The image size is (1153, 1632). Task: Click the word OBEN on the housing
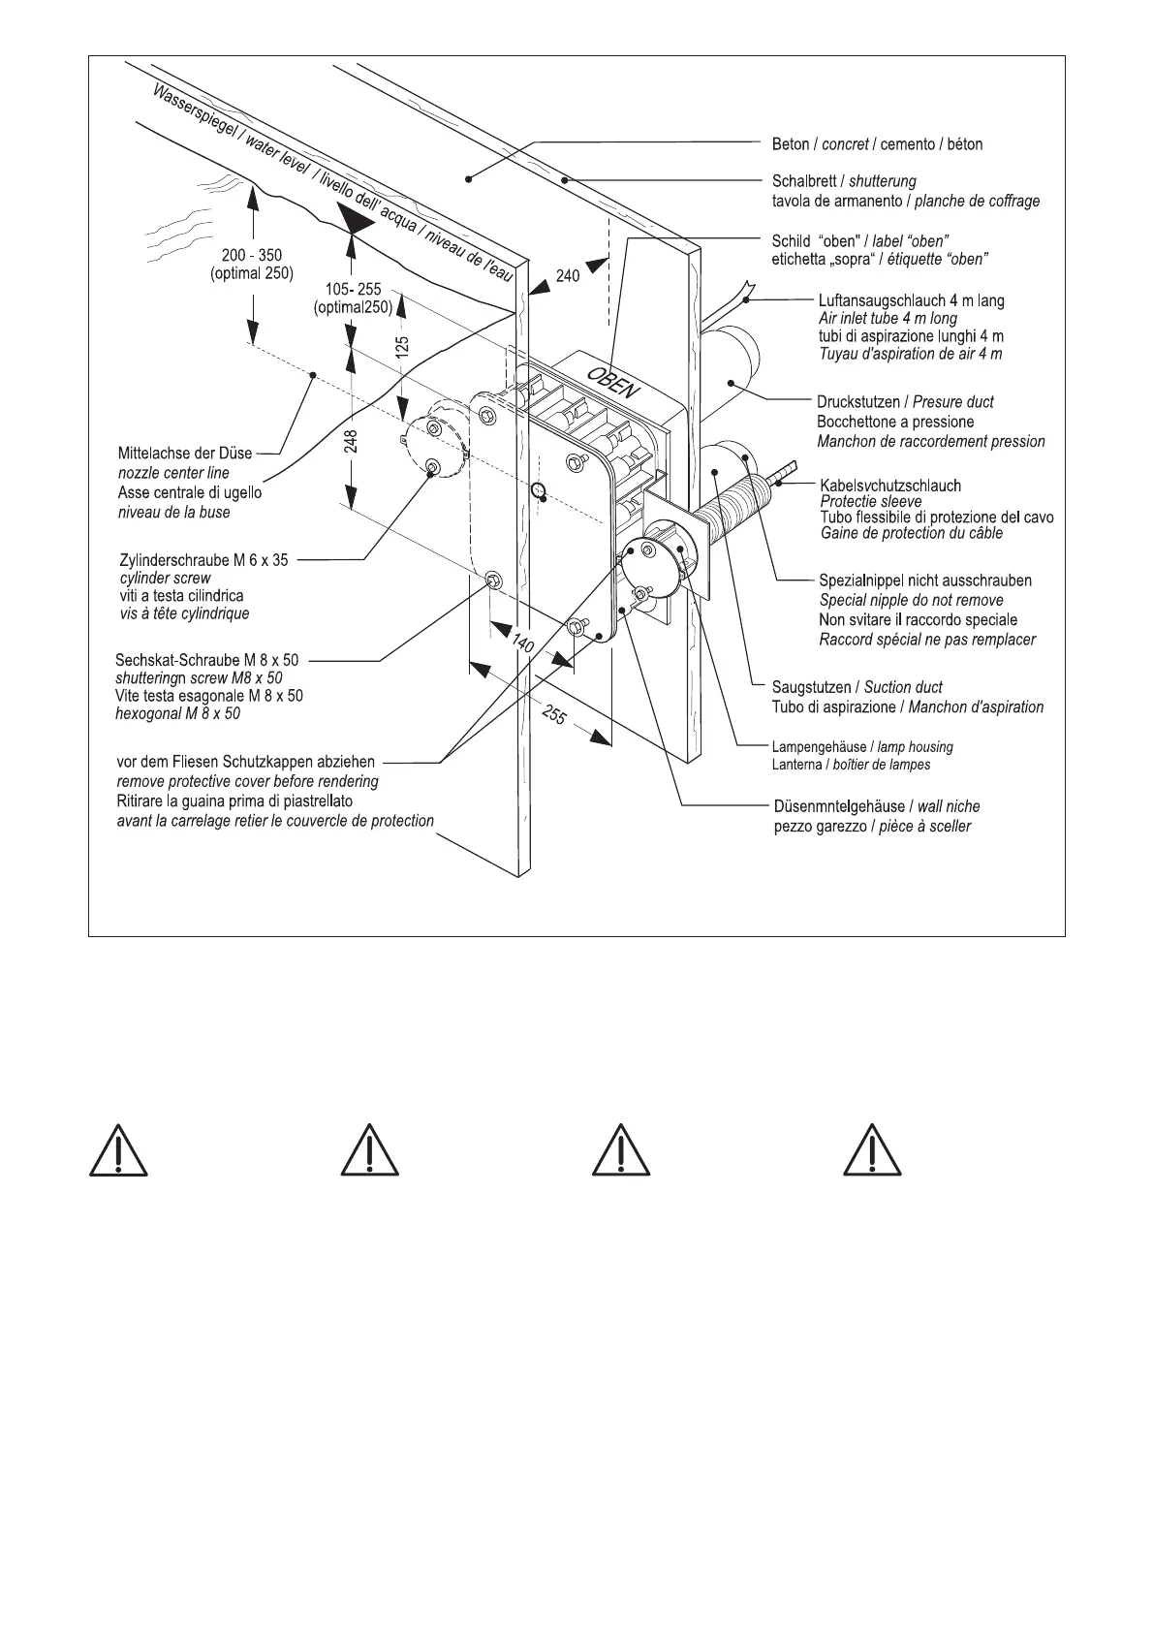click(x=611, y=379)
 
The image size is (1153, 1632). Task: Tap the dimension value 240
click(x=568, y=276)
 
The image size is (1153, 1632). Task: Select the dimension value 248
click(x=352, y=442)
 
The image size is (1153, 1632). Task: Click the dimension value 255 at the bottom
click(x=553, y=716)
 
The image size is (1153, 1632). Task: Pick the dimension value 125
click(x=403, y=346)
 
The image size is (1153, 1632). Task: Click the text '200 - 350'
click(x=252, y=256)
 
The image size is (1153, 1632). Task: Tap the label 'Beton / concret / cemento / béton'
click(x=877, y=144)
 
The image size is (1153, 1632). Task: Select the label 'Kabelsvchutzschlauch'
click(x=890, y=486)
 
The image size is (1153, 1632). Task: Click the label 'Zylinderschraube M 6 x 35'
click(x=203, y=560)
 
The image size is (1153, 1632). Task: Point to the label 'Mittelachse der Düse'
click(x=185, y=454)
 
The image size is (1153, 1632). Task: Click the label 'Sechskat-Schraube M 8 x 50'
click(x=207, y=661)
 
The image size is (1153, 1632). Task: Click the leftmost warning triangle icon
click(x=118, y=1152)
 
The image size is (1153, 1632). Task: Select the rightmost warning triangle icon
click(x=873, y=1152)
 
